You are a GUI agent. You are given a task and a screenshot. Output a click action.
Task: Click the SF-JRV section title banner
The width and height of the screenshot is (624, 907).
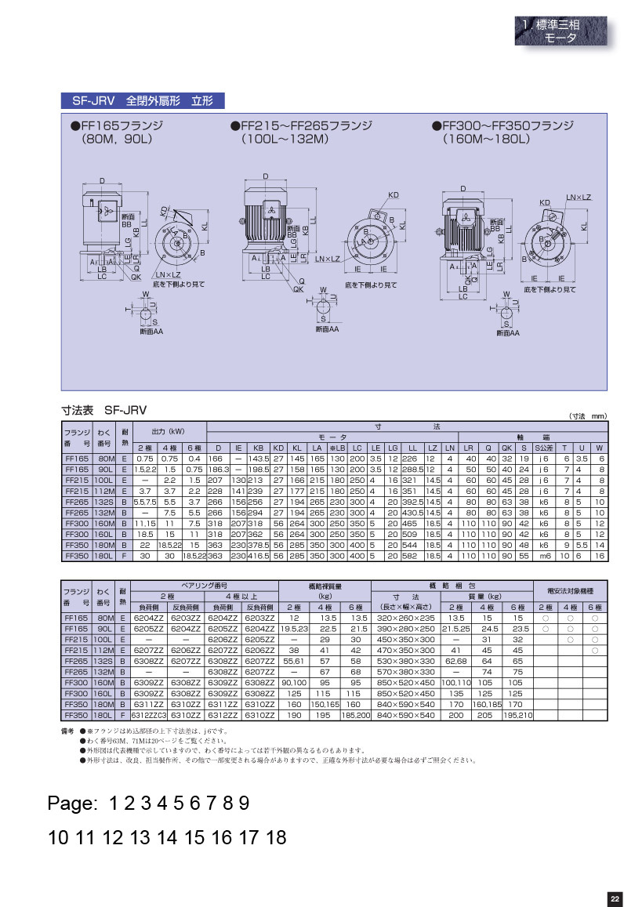point(143,101)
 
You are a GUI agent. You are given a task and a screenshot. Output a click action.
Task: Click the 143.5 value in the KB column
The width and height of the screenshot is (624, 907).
point(258,459)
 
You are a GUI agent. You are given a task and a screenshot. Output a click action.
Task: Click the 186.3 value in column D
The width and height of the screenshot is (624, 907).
point(218,469)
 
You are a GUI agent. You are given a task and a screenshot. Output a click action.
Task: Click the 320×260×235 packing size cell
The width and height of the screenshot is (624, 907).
point(405,618)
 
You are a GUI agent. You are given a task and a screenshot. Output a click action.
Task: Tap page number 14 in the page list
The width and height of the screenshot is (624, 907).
point(168,838)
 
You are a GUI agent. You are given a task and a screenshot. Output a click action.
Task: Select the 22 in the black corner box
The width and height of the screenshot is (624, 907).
point(615,898)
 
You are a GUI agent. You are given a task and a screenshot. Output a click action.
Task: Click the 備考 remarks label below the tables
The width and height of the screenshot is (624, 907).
point(67,731)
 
